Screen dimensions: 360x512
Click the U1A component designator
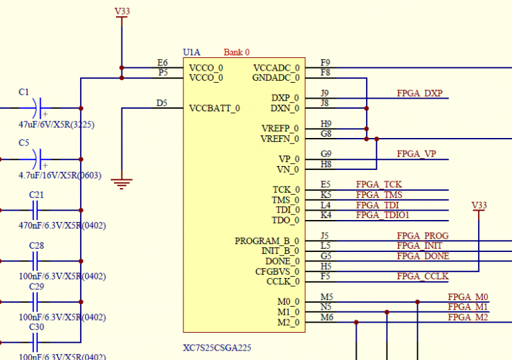click(191, 52)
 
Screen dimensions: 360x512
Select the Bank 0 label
click(237, 52)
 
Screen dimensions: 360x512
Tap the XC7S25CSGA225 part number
click(217, 347)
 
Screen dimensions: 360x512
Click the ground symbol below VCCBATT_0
click(121, 182)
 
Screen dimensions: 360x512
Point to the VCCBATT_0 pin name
click(215, 108)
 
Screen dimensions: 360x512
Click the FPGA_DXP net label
click(419, 93)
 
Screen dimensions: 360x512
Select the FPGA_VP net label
click(417, 154)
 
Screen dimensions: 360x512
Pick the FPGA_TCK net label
click(379, 185)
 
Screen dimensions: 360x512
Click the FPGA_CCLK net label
click(423, 276)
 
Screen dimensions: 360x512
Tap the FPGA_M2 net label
click(468, 317)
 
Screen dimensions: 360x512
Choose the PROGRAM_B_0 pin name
click(267, 241)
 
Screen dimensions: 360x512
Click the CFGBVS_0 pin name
click(277, 271)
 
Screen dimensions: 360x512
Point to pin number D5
click(162, 103)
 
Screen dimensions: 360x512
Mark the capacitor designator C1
click(24, 92)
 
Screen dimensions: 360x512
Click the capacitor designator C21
click(37, 195)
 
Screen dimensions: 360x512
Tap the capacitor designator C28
click(37, 245)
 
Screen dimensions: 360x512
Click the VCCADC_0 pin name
click(276, 67)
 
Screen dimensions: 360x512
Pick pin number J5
click(325, 236)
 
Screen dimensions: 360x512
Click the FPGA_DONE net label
click(423, 256)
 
